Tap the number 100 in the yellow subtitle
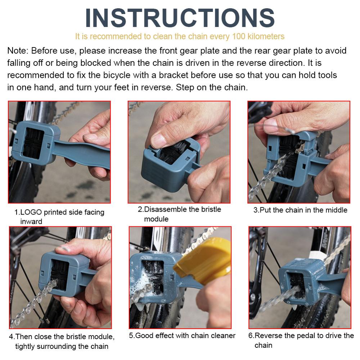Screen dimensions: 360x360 coord(239,36)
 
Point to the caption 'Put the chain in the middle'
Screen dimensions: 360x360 coord(300,210)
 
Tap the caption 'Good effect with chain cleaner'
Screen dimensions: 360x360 coord(182,336)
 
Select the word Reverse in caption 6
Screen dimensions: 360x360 coord(268,336)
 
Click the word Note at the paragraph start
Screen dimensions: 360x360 coord(15,51)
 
